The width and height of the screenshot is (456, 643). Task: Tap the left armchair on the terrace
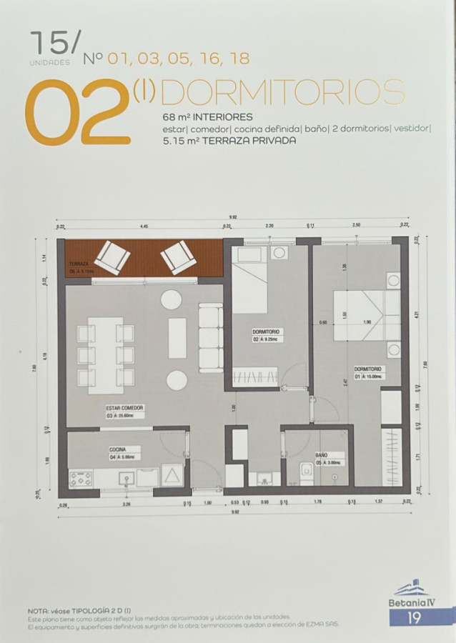click(111, 257)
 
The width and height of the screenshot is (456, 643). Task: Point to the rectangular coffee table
click(177, 338)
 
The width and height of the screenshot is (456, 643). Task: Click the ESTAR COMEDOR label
click(124, 408)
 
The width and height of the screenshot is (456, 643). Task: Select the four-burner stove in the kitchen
click(80, 479)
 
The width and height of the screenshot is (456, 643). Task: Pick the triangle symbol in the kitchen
click(172, 476)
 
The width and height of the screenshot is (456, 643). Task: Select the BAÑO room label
click(322, 454)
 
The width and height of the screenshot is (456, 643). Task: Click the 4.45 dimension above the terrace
click(144, 226)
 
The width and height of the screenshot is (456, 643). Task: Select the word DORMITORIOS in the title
click(283, 92)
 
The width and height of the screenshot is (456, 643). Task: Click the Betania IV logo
click(412, 594)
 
